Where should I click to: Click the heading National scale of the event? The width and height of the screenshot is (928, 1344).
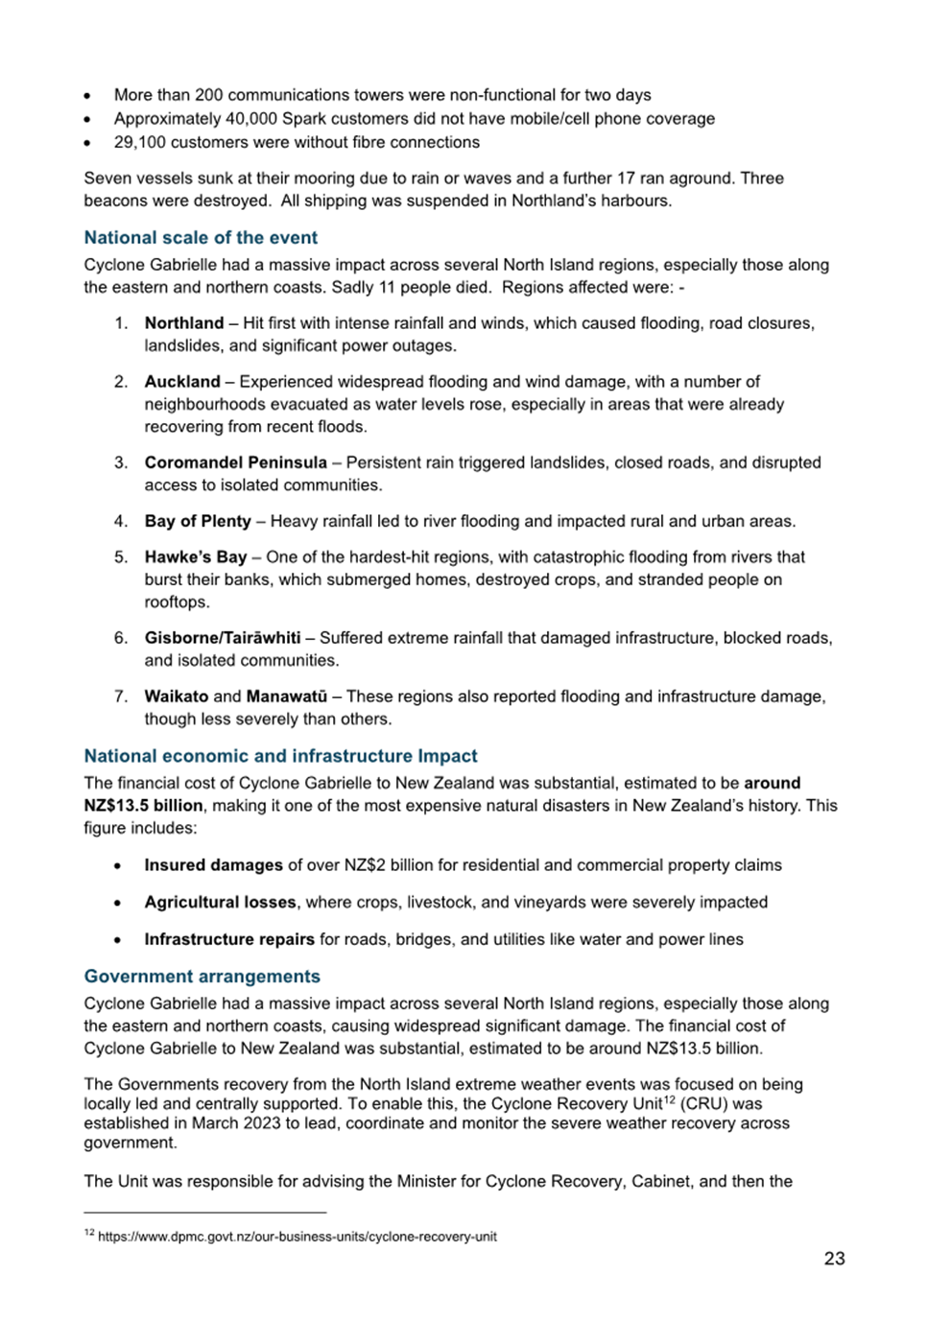(x=201, y=238)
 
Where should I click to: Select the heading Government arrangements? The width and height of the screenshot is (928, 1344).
(x=202, y=977)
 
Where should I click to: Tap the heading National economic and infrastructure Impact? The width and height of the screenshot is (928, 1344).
(x=280, y=756)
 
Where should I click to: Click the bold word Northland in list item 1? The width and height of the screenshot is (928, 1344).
(x=184, y=323)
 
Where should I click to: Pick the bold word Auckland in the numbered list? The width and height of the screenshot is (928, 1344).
(x=182, y=382)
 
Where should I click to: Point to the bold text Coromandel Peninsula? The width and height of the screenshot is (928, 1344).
(x=235, y=462)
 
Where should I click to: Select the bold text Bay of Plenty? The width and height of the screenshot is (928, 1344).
(x=198, y=522)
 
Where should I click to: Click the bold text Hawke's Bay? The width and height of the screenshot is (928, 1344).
(x=196, y=557)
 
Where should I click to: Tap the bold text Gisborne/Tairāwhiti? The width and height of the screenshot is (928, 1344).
(x=223, y=638)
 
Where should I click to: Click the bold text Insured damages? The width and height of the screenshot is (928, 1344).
(x=213, y=865)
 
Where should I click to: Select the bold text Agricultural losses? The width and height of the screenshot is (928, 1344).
(x=220, y=903)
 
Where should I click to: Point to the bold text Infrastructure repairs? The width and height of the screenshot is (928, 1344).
(x=229, y=940)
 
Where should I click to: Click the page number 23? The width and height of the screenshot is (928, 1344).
(x=834, y=1259)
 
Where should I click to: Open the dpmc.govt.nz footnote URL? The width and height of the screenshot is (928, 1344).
(x=297, y=1238)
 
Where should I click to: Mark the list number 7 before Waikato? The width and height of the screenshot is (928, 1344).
(x=120, y=696)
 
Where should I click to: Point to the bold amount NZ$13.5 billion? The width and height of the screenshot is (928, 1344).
(x=143, y=806)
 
